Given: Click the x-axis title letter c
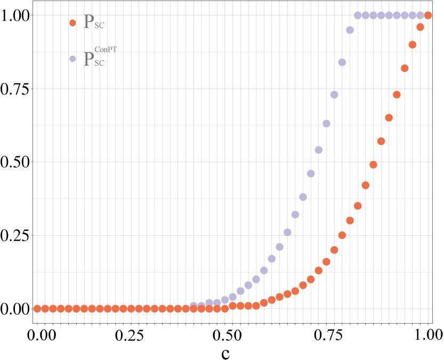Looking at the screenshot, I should coord(225,353).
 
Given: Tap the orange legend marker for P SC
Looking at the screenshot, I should coord(72,22).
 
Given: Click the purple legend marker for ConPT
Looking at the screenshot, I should coord(72,59).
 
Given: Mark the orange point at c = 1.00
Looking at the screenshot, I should coord(428,15).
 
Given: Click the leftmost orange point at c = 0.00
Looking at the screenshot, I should coord(37,308).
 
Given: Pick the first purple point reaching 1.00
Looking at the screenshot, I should coord(358,15).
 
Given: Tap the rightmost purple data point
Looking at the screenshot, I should coord(420,15).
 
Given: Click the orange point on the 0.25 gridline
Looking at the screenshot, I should coord(342,235).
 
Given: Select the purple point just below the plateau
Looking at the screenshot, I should coord(350,30).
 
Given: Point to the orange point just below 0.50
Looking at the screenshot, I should coord(373,165).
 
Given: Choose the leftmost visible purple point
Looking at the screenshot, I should coord(194,306).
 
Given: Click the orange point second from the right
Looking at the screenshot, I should coord(420,27).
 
